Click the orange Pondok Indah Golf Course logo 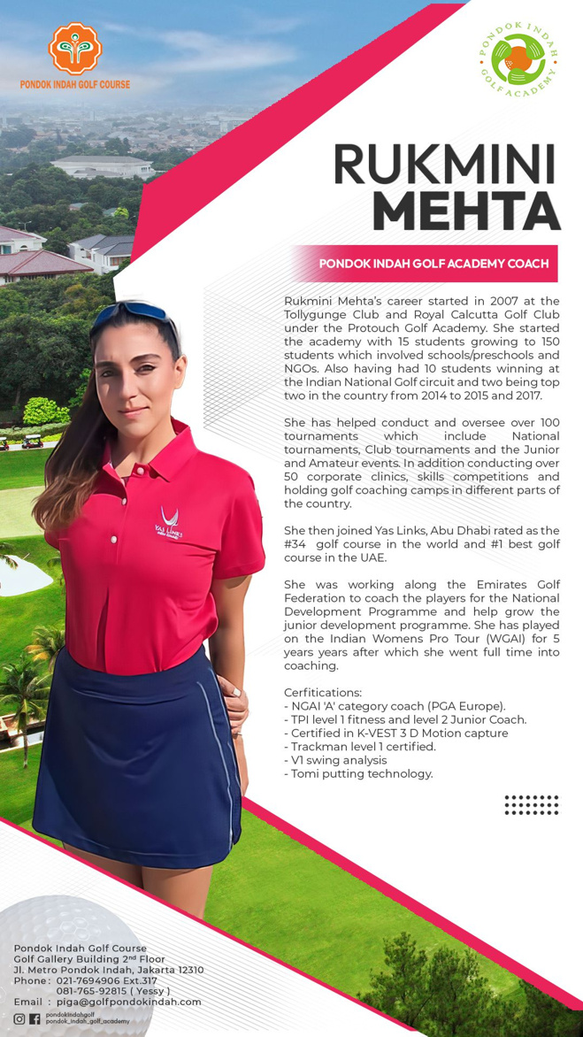pos(74,48)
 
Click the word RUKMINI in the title pos(444,165)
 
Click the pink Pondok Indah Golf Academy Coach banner pos(433,264)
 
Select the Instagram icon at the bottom pos(19,1018)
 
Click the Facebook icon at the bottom pos(35,1018)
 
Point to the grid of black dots pos(531,804)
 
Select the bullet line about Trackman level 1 pos(360,746)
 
